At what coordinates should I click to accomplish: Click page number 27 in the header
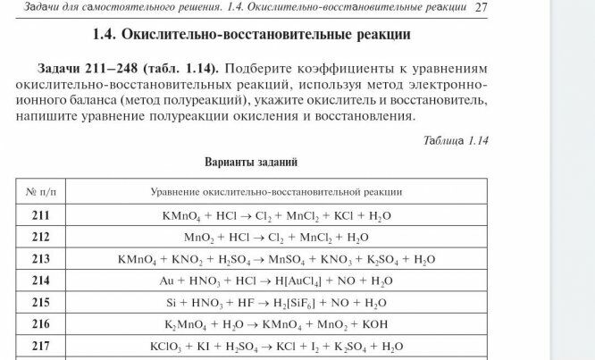coord(480,8)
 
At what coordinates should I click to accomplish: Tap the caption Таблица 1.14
coord(456,140)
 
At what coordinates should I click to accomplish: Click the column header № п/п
coord(41,192)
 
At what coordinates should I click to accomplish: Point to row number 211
coord(41,216)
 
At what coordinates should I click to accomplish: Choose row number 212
coord(41,238)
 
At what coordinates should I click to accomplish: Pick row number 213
coord(41,259)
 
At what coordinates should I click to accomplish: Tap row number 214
coord(41,280)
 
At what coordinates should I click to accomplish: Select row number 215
coord(41,303)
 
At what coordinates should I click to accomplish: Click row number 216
coord(41,324)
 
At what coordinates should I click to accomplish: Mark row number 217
coord(41,346)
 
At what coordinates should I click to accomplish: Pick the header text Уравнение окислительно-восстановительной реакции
coord(275,192)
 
